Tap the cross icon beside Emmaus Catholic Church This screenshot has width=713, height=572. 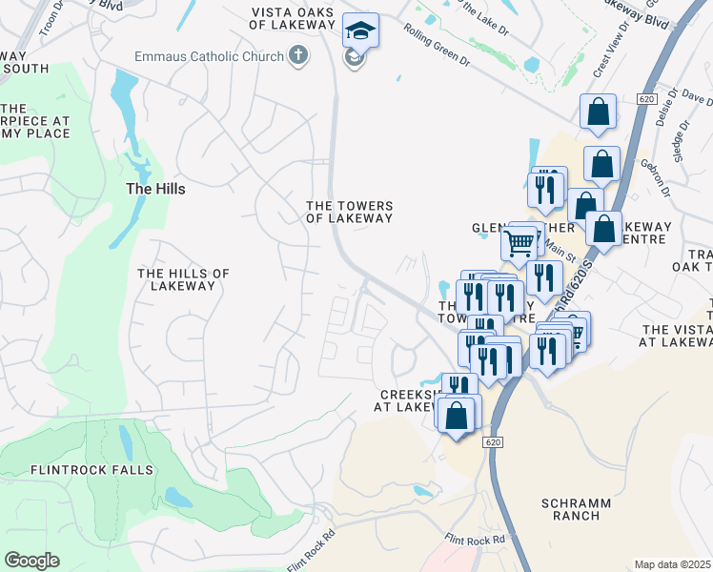(x=298, y=55)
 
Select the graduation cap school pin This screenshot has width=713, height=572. (x=360, y=31)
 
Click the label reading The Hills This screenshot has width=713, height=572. (x=155, y=189)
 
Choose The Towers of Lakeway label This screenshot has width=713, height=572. (x=349, y=212)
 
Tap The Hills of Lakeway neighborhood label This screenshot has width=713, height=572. (x=183, y=279)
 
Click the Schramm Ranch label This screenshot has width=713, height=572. (x=571, y=509)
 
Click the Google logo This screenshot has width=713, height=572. (x=31, y=560)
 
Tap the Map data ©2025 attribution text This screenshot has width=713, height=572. (x=673, y=564)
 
